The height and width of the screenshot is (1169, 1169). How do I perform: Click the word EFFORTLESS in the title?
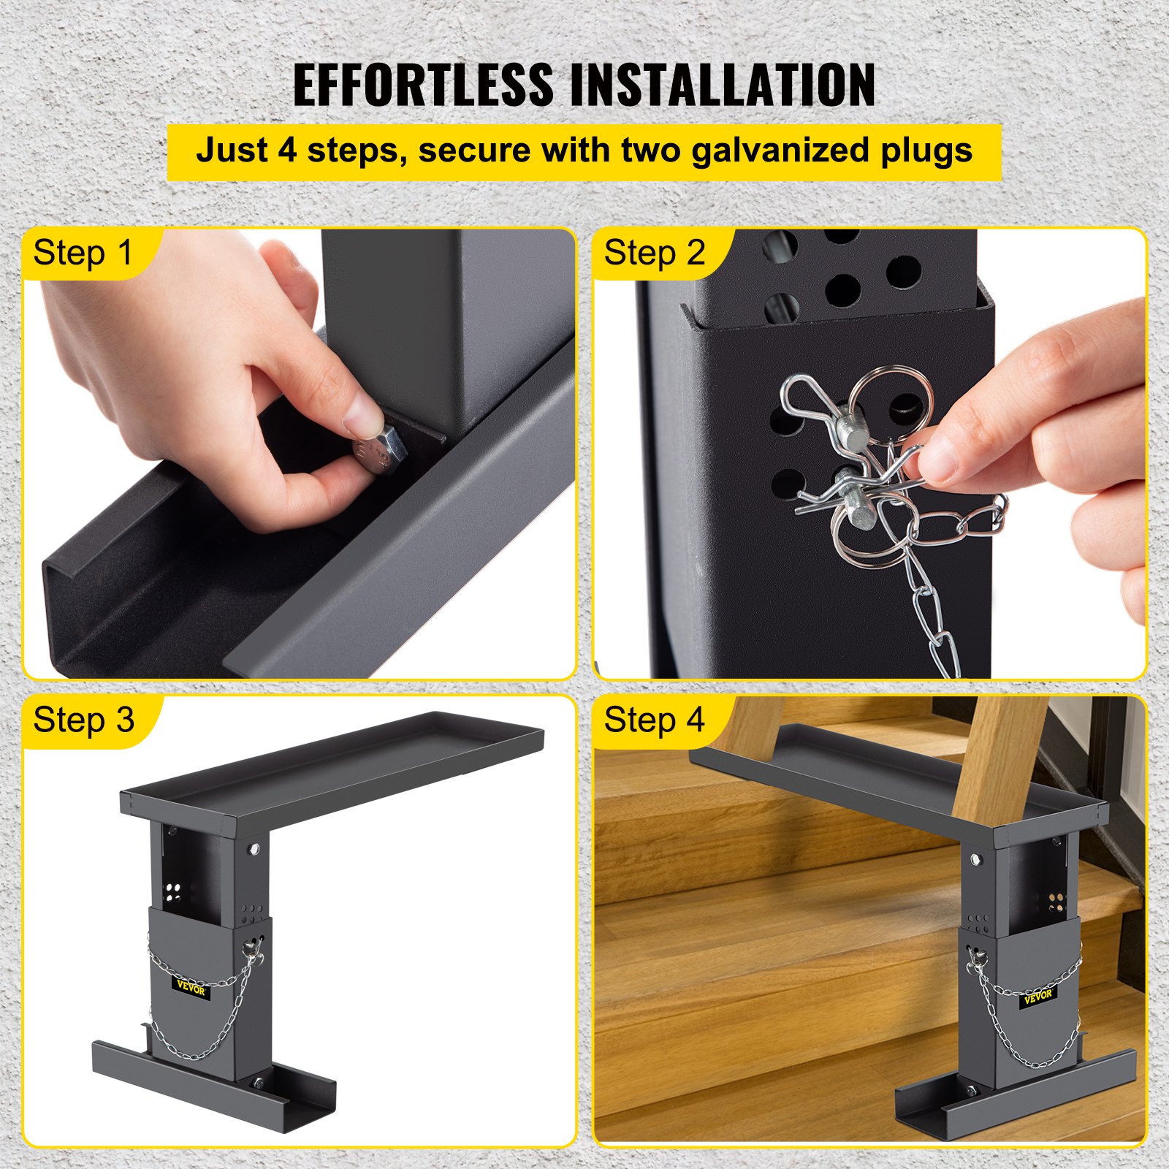[424, 85]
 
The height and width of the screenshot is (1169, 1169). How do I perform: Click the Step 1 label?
[83, 254]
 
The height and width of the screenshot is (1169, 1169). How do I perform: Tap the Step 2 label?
[654, 254]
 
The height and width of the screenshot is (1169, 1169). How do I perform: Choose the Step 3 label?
[83, 720]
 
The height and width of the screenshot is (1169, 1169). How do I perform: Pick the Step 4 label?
[654, 720]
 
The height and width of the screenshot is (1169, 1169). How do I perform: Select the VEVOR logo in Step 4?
[1037, 995]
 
